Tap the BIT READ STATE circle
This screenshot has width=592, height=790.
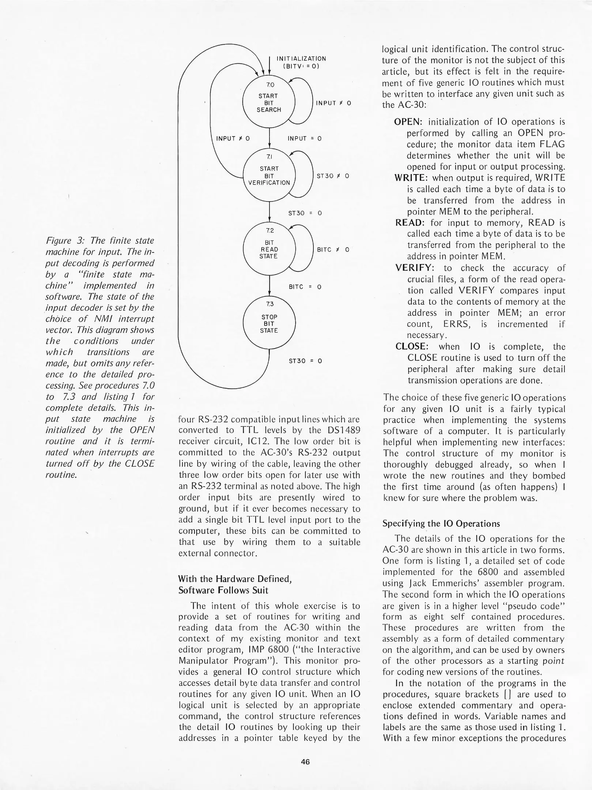(x=269, y=249)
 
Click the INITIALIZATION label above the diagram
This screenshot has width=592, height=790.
(x=301, y=59)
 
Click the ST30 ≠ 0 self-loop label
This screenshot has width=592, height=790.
(x=332, y=176)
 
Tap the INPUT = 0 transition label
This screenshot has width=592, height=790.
(x=304, y=139)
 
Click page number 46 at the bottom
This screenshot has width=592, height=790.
(x=305, y=762)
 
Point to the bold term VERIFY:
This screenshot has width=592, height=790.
(x=413, y=268)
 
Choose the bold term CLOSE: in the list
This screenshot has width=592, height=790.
(x=411, y=346)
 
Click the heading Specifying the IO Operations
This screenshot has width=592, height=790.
(x=441, y=524)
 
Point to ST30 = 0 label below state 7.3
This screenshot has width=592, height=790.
(x=305, y=361)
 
